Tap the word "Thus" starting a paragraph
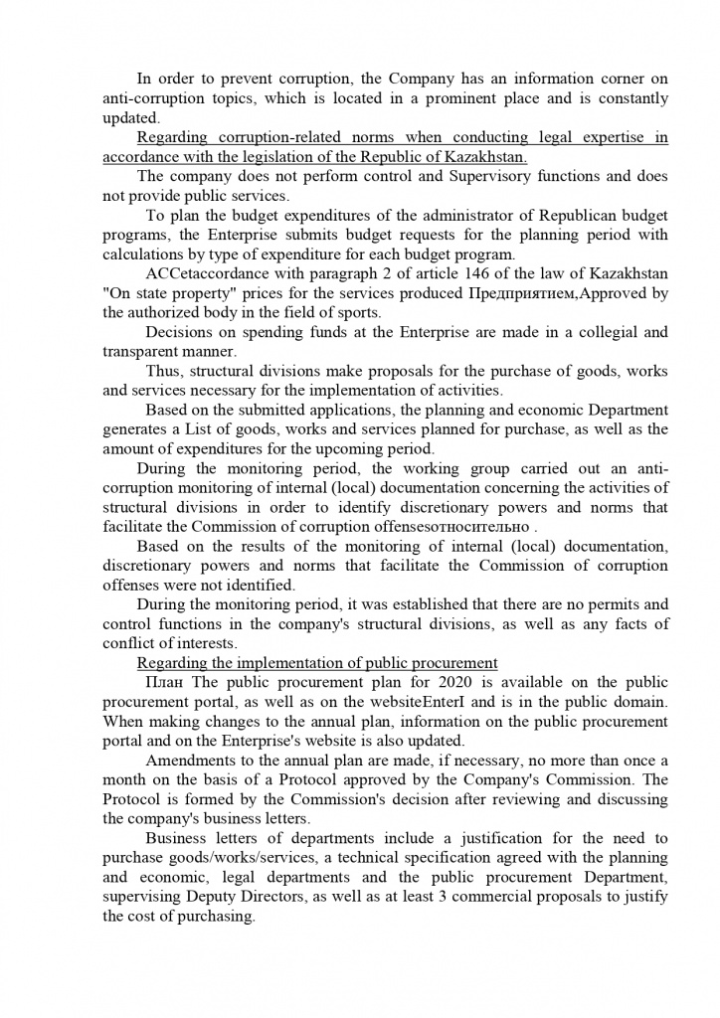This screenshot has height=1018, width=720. (162, 371)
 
